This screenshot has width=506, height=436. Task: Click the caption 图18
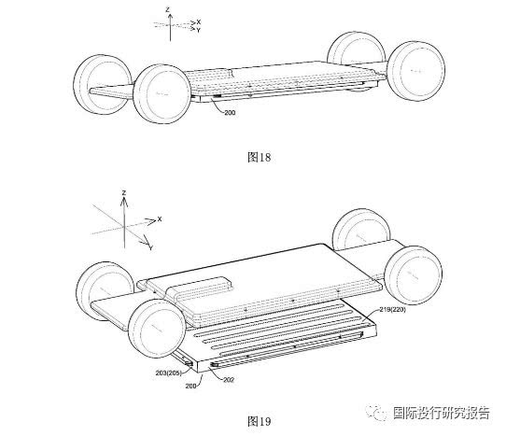point(260,158)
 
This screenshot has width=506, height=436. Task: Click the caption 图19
point(260,421)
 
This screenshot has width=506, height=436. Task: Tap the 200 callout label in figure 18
point(230,113)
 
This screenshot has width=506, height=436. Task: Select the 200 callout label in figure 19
point(190,386)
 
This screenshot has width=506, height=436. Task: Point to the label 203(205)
point(168,373)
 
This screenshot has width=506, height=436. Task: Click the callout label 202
point(229,380)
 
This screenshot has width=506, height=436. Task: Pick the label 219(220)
point(392,309)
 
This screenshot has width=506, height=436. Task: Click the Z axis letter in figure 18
point(167,9)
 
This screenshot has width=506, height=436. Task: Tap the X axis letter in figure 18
point(199,22)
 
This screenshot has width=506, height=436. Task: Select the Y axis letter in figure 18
point(199,30)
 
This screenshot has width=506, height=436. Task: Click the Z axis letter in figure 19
point(124,193)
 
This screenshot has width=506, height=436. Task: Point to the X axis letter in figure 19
point(159,219)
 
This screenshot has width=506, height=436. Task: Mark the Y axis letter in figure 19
point(150,247)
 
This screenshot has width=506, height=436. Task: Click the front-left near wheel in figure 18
point(162,93)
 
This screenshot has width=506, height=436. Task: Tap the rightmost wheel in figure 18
point(416,71)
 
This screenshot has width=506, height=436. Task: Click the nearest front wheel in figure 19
point(157,329)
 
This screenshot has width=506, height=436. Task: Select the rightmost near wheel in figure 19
point(413,275)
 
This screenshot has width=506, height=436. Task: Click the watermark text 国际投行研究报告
point(442,413)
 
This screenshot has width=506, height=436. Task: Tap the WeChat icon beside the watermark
point(376,413)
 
